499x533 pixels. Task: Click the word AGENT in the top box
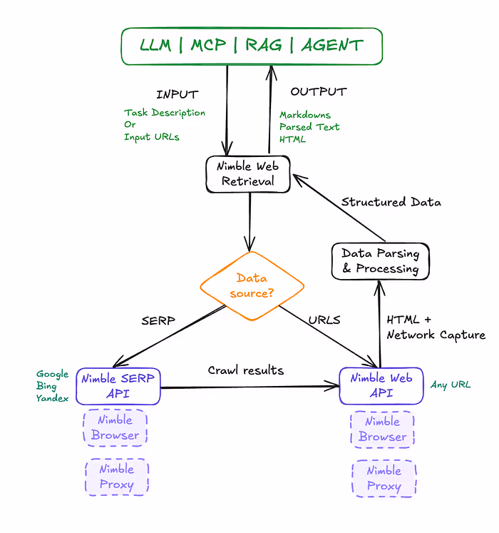(332, 46)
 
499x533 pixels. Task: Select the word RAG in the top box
(264, 46)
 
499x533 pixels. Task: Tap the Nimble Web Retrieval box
(248, 173)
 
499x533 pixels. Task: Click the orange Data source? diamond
(252, 286)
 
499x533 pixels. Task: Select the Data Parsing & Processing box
(380, 261)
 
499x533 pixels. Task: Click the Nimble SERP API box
(119, 386)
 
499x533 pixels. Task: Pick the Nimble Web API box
(381, 386)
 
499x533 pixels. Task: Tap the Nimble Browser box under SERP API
(115, 428)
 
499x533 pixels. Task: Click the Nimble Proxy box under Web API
(384, 479)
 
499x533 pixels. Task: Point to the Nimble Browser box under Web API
(383, 430)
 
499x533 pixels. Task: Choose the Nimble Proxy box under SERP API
(117, 477)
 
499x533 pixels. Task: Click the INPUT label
(177, 94)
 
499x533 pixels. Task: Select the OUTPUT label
(318, 92)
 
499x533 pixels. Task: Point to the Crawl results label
(245, 370)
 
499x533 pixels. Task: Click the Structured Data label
(391, 202)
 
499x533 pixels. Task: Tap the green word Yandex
(53, 399)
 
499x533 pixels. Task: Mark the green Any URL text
(451, 385)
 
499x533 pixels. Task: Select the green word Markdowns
(305, 115)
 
